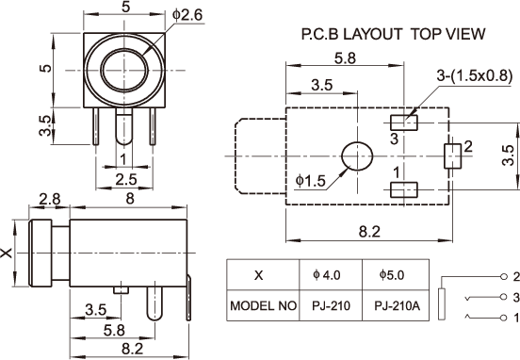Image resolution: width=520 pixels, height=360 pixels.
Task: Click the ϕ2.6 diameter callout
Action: coord(187,15)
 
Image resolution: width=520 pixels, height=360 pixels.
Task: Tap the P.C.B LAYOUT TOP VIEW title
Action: coord(393,34)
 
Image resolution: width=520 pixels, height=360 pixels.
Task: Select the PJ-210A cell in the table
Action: coord(397,305)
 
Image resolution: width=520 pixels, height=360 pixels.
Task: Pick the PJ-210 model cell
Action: coord(331,305)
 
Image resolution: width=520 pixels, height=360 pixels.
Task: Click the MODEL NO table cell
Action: coord(263,305)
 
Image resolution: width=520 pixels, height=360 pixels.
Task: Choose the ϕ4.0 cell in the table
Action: coord(331,275)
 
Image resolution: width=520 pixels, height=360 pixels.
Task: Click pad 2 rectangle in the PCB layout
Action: coord(453,155)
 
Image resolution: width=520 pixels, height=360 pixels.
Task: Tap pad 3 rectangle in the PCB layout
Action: coord(403,123)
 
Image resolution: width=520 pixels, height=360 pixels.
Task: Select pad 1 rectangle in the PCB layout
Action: coord(403,189)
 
